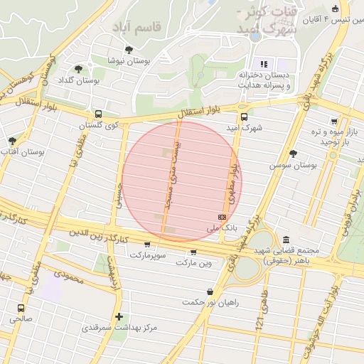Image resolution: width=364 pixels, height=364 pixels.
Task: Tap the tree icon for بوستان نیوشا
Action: pos(128,50)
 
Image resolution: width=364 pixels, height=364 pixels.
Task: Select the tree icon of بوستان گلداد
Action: pos(78,69)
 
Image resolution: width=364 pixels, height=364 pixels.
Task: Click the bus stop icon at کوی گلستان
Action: pos(98,114)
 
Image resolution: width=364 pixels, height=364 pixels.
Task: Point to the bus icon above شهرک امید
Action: pos(244,117)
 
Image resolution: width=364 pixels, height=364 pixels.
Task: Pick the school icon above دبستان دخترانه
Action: pos(264,64)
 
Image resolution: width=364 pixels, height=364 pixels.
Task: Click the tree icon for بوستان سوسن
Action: pos(293,154)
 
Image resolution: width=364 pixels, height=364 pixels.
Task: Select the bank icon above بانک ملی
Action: pos(222,217)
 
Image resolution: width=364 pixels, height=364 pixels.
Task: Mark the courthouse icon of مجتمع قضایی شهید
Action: pos(286,240)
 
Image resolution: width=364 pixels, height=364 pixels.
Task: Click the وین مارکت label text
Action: pos(196,263)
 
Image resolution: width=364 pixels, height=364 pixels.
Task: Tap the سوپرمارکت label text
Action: pos(147,254)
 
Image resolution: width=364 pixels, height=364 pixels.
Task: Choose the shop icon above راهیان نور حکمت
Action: pos(210,291)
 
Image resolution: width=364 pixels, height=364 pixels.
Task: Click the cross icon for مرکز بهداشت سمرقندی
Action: pos(119,316)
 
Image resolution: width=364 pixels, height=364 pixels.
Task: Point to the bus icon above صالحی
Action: pos(21,309)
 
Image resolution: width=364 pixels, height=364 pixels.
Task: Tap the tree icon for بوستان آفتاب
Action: pos(12,141)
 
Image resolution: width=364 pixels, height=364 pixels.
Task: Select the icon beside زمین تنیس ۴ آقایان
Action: pos(335,9)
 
